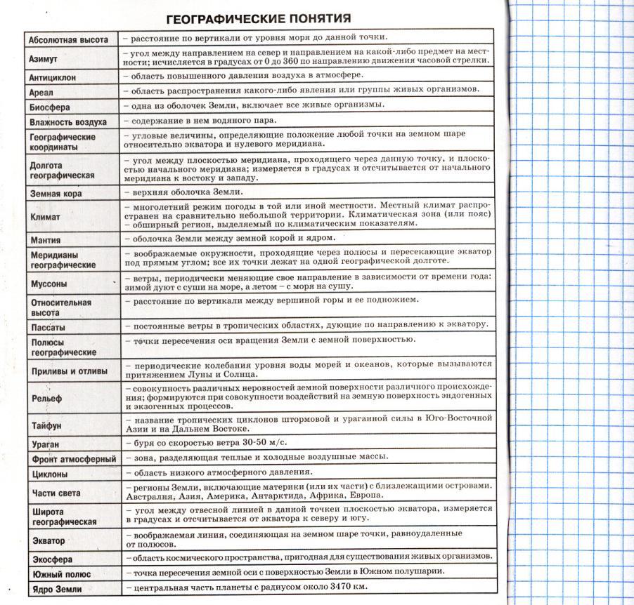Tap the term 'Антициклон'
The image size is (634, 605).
coord(53,77)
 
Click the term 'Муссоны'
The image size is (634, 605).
coord(49,284)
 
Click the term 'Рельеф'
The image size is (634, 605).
coord(46,399)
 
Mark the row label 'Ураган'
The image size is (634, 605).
coord(45,444)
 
